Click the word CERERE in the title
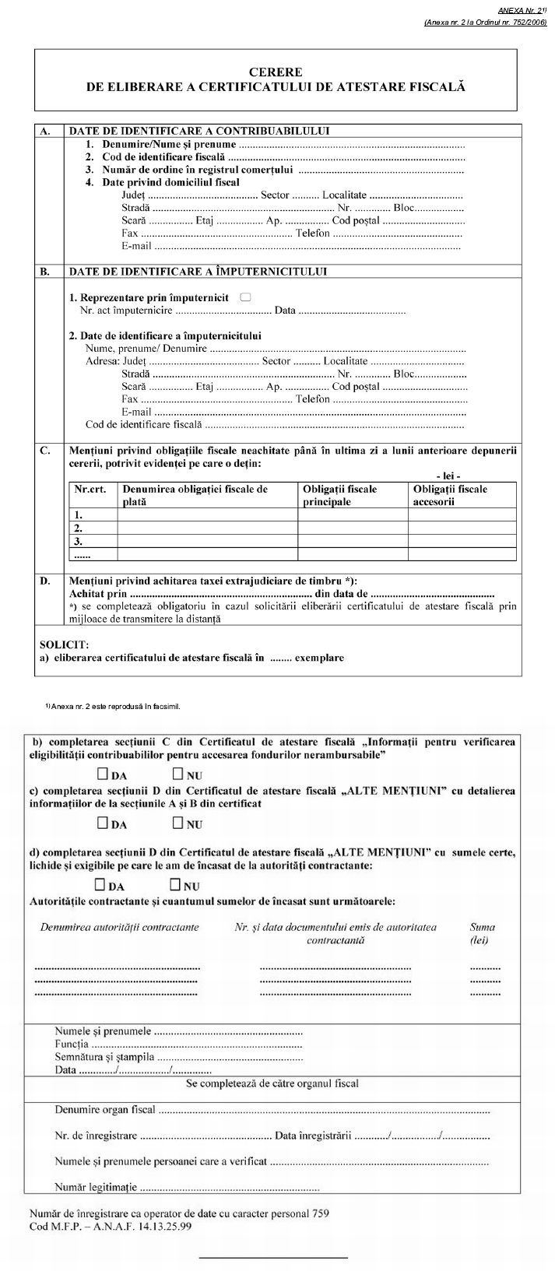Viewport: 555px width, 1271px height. [x=276, y=72]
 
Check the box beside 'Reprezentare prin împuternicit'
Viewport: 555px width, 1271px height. [x=246, y=297]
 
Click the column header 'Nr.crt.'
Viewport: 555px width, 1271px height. [x=90, y=489]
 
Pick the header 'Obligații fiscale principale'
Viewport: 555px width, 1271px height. [x=339, y=495]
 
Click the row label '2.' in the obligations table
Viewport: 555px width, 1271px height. [x=78, y=528]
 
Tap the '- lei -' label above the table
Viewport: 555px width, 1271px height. [x=448, y=475]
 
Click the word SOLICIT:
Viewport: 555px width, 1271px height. [x=65, y=644]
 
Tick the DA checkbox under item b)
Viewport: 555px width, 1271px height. [x=103, y=775]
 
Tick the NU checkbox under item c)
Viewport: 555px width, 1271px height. [x=177, y=823]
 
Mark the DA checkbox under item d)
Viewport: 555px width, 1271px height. [x=100, y=885]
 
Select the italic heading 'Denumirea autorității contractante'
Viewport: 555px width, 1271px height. [x=119, y=927]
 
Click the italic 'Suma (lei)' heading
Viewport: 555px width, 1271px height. [x=483, y=933]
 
